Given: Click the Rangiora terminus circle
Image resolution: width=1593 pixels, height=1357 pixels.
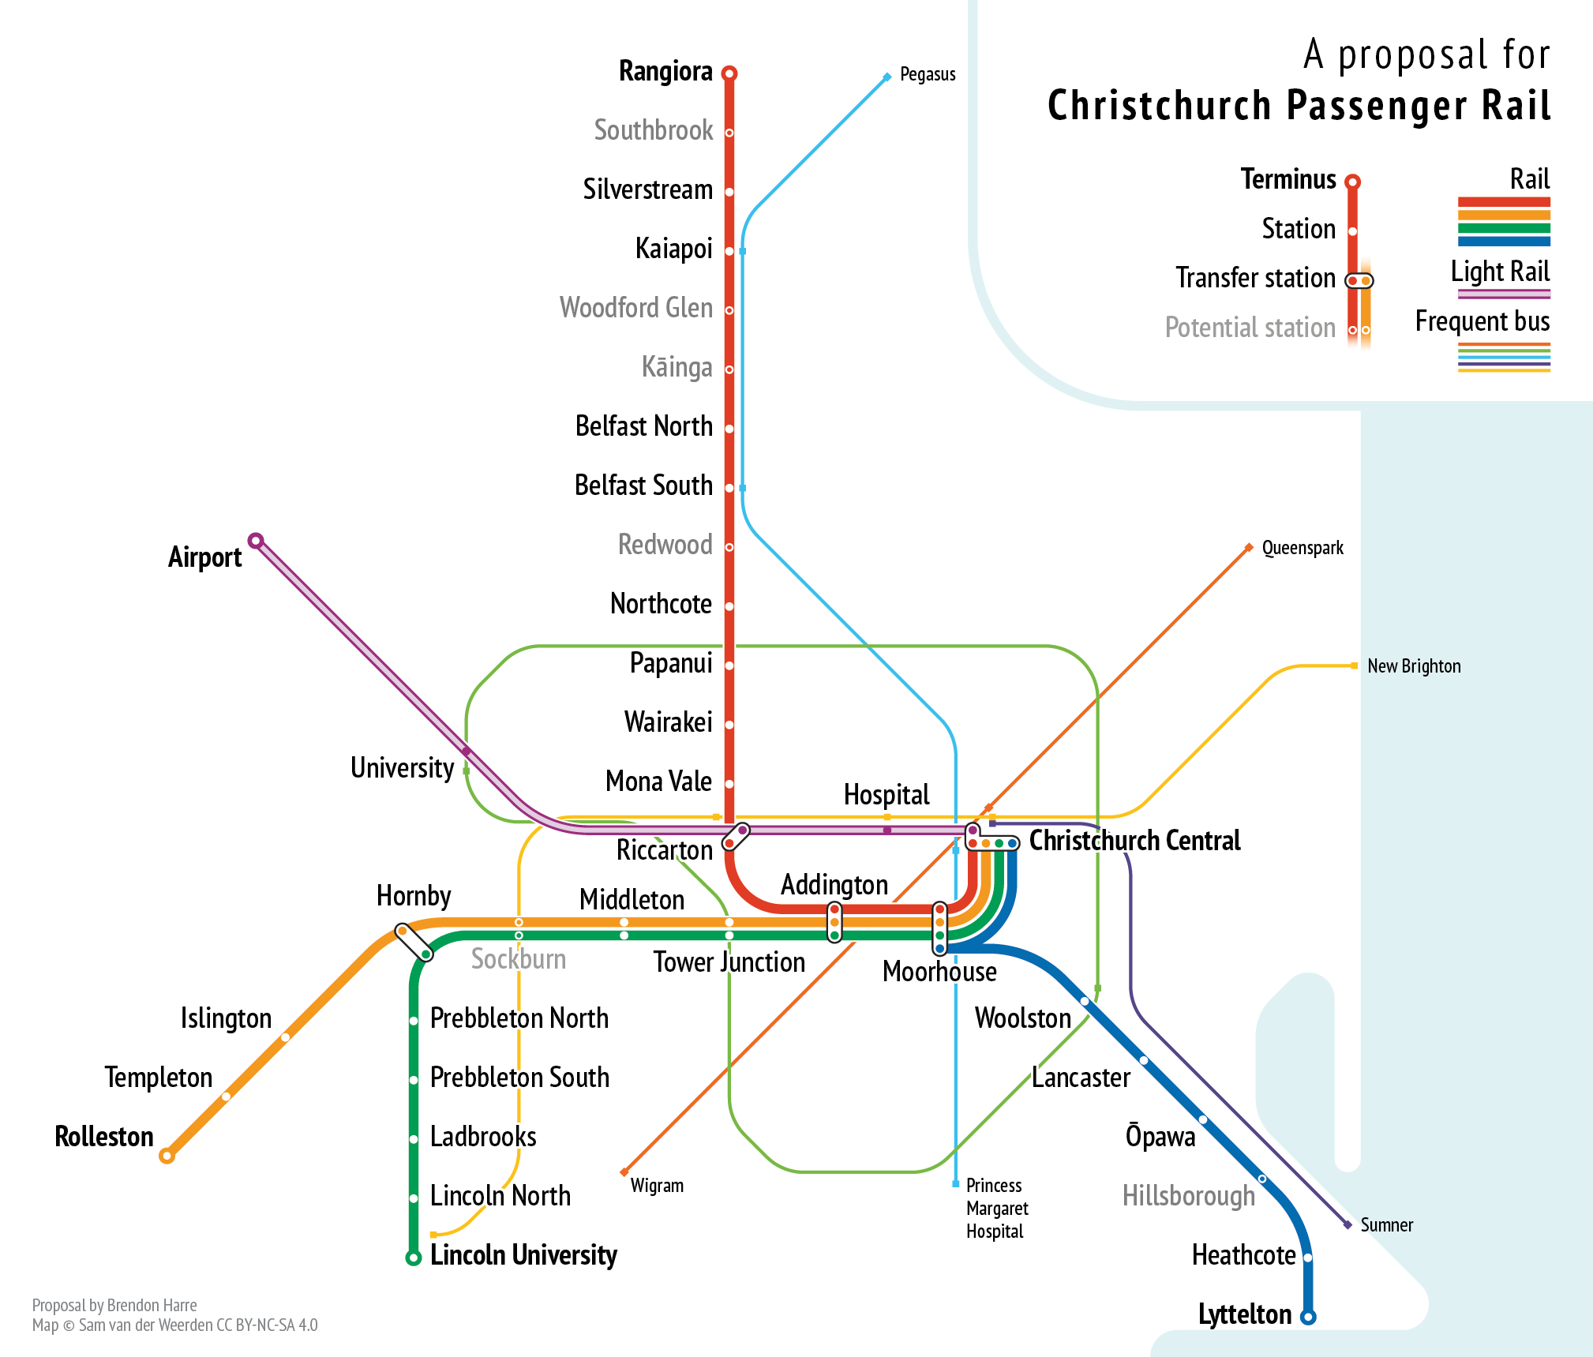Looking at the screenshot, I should click(x=729, y=73).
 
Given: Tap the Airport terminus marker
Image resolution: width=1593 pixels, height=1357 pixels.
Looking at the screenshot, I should click(x=255, y=541).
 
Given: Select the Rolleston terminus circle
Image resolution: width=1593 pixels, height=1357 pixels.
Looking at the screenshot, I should click(x=167, y=1156).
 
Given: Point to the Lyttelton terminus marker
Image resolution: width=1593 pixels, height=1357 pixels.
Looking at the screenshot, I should click(x=1308, y=1317).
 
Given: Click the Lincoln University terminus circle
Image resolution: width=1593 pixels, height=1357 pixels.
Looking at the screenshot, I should click(x=413, y=1258).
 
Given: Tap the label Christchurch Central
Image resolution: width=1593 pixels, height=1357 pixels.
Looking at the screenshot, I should click(x=1134, y=841).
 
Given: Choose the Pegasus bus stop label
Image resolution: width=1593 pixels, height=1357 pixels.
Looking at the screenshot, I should click(x=928, y=75).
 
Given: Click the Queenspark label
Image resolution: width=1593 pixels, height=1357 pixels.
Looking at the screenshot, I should click(x=1303, y=548).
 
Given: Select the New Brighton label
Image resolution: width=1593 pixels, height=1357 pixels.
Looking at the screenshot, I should click(x=1414, y=666).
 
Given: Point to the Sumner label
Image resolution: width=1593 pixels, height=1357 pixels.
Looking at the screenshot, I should click(x=1386, y=1225).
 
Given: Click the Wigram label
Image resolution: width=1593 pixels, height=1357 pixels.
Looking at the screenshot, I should click(x=657, y=1186).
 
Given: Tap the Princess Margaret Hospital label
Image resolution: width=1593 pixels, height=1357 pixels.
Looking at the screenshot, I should click(x=997, y=1208).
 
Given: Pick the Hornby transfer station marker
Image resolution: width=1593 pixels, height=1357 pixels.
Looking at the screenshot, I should click(x=414, y=943).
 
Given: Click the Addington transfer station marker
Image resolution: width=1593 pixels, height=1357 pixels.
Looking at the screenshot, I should click(x=834, y=922).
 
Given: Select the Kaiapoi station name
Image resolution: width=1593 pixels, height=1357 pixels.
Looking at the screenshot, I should click(x=673, y=249).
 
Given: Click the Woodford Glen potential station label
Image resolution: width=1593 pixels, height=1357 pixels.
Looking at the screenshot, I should click(x=635, y=308).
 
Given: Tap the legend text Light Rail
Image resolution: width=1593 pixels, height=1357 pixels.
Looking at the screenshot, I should click(x=1500, y=272).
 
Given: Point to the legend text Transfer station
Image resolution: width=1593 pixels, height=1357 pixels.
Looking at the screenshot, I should click(x=1255, y=278).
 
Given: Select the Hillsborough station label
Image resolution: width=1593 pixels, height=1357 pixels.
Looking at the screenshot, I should click(x=1188, y=1196).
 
